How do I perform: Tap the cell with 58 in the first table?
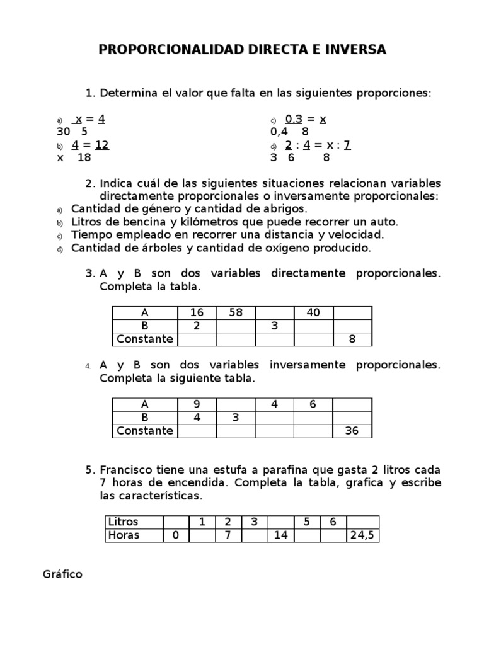(236, 313)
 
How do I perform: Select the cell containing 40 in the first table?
(313, 313)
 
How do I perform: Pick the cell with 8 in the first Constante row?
(352, 339)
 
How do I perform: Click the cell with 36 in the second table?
(352, 431)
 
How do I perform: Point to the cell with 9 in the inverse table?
(197, 405)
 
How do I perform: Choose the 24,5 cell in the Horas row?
(362, 535)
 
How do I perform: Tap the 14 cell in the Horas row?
(281, 535)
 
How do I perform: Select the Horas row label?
(124, 535)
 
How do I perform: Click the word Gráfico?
(62, 574)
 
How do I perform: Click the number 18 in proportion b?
(84, 158)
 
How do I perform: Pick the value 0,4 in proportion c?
(279, 132)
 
